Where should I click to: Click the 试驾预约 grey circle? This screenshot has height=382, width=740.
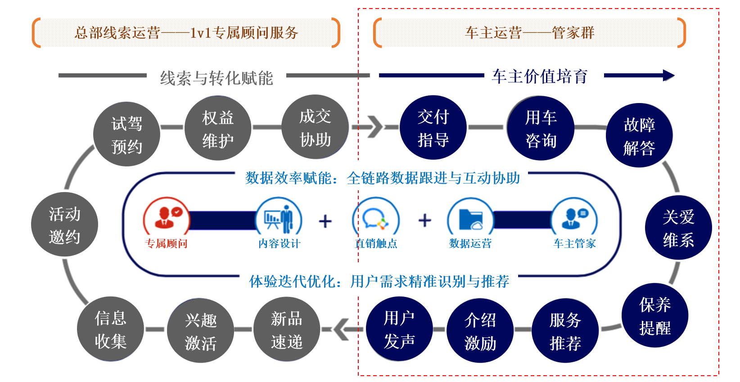point(126,134)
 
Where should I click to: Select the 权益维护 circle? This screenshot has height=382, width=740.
point(218,128)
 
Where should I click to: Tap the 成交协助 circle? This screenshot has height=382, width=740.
point(315,127)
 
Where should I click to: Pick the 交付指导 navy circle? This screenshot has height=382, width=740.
point(433,127)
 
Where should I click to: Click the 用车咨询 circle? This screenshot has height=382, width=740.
point(541,128)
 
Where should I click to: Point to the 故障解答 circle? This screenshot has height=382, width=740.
point(639,135)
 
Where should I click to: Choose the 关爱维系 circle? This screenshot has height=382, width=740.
point(678,228)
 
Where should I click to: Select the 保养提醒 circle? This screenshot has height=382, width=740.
point(655,315)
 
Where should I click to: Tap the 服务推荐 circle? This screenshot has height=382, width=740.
point(565,331)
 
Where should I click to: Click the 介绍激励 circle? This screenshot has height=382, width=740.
point(480,331)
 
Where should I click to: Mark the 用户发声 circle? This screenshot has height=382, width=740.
point(399,329)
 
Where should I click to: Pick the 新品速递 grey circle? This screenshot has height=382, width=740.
point(287,330)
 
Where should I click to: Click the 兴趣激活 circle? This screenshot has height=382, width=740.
point(201,331)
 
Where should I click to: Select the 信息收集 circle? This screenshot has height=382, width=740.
point(110,329)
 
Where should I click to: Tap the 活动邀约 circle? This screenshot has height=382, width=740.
point(64,225)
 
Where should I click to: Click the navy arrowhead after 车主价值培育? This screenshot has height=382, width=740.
point(668,76)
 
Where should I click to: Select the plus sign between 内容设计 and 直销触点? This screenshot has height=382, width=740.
point(325,221)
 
